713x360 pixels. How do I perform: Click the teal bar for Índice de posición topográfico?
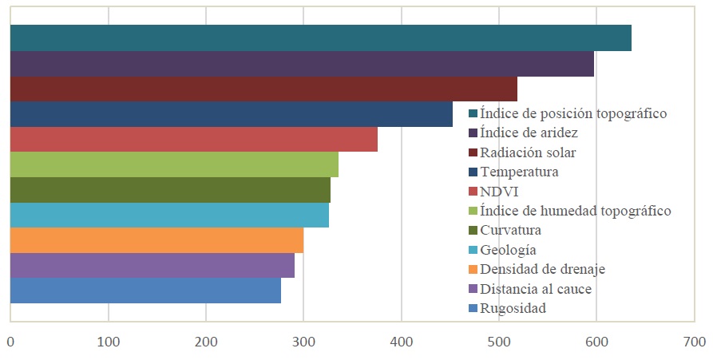320,38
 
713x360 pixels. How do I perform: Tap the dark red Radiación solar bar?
263,89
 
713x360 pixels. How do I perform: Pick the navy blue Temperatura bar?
231,114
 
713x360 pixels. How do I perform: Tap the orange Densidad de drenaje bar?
156,240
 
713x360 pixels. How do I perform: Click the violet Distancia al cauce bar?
152,266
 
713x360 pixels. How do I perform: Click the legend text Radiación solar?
528,152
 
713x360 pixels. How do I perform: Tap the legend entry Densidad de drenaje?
543,269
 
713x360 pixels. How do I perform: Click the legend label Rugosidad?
513,308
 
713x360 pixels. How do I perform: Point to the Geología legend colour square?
473,250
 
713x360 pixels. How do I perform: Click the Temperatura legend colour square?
473,172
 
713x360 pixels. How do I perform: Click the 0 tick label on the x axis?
10,342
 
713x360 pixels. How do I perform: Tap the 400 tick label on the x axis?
402,342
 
